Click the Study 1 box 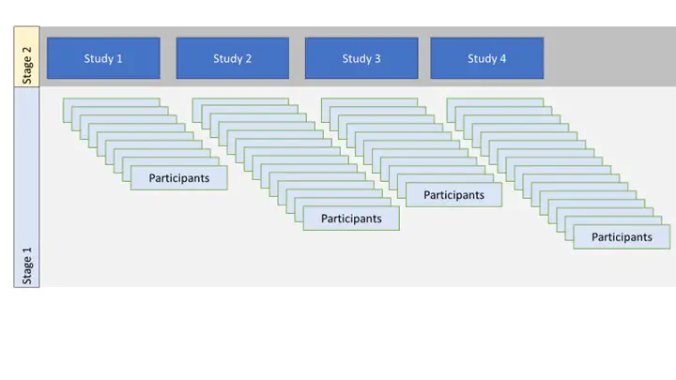(103, 58)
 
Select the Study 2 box (233, 58)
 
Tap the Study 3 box (361, 58)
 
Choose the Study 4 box (486, 58)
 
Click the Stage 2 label (26, 66)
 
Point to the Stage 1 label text (26, 266)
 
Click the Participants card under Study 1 (179, 178)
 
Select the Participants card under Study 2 (351, 219)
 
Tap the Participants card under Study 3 (454, 195)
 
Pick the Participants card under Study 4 (622, 237)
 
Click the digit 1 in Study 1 (119, 58)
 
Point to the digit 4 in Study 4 (502, 58)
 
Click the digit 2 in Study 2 (248, 58)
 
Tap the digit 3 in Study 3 (377, 58)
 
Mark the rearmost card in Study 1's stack (111, 102)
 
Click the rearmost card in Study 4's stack (495, 102)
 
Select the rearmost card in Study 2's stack (240, 102)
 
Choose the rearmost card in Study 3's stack (370, 102)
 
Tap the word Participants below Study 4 (622, 237)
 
